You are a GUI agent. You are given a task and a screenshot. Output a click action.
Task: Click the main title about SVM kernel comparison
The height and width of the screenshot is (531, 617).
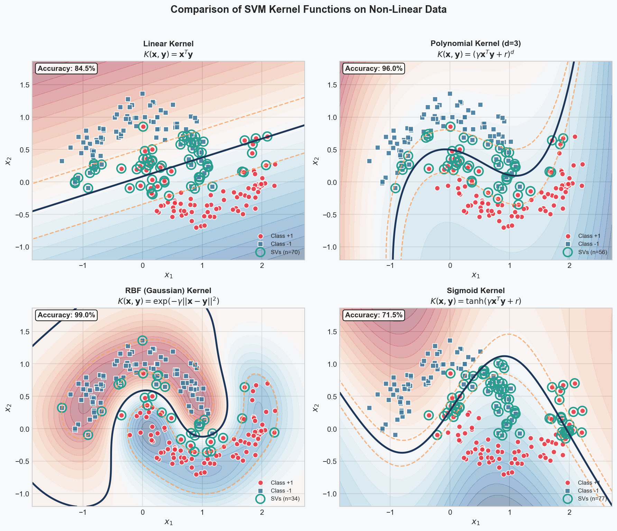[308, 9]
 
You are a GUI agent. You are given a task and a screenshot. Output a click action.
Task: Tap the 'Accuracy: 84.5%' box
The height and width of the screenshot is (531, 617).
[66, 68]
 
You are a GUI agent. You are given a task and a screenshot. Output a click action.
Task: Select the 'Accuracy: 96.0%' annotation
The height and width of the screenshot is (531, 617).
[374, 68]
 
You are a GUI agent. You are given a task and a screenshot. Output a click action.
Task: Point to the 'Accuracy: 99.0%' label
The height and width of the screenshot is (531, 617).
[66, 315]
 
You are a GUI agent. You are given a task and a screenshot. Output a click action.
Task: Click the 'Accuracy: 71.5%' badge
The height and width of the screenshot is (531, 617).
[374, 315]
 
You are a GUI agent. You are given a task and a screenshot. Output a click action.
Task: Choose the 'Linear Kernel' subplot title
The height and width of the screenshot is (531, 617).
[168, 44]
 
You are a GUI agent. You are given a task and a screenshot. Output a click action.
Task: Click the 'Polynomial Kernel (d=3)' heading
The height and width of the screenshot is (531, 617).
[476, 44]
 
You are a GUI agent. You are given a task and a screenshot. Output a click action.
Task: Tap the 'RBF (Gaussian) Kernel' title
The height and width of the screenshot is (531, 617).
[168, 291]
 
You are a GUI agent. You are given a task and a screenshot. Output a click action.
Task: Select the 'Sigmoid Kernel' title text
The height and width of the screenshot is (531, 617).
[476, 291]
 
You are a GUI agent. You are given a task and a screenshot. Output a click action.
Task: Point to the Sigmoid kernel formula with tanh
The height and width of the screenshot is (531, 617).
[476, 301]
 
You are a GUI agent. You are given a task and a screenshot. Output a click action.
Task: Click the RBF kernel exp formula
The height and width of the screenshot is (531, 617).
[168, 301]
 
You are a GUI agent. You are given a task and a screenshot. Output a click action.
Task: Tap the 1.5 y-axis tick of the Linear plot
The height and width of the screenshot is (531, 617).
[25, 85]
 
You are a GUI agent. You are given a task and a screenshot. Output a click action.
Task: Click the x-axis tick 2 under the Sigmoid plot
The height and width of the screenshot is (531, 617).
[569, 512]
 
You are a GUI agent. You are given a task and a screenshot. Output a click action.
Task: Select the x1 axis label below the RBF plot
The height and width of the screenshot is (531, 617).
[168, 522]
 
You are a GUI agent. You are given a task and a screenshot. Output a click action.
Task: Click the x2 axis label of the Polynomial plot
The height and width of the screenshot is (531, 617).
[315, 161]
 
